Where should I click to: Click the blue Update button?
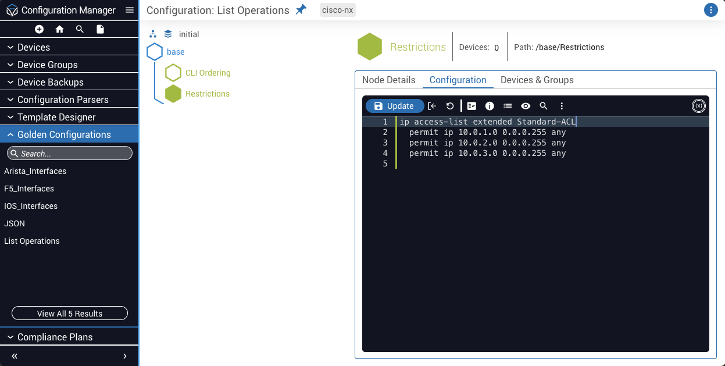point(395,106)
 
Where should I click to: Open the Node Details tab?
point(388,80)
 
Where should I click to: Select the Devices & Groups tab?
point(537,80)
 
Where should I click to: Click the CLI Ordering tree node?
point(208,73)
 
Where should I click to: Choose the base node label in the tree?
point(176,52)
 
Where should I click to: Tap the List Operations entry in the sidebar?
point(32,241)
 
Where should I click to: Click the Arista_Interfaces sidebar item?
point(35,171)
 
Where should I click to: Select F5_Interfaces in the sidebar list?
point(29,189)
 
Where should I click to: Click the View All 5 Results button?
point(70,313)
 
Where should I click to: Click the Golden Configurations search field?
point(70,153)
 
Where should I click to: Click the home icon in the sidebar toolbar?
point(59,30)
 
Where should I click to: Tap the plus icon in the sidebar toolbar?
point(39,30)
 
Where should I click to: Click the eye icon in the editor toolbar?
point(526,106)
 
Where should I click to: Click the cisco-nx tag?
point(338,10)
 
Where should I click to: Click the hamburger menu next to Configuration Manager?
point(130,10)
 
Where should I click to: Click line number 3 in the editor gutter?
point(385,143)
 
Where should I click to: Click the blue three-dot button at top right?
point(711,10)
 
